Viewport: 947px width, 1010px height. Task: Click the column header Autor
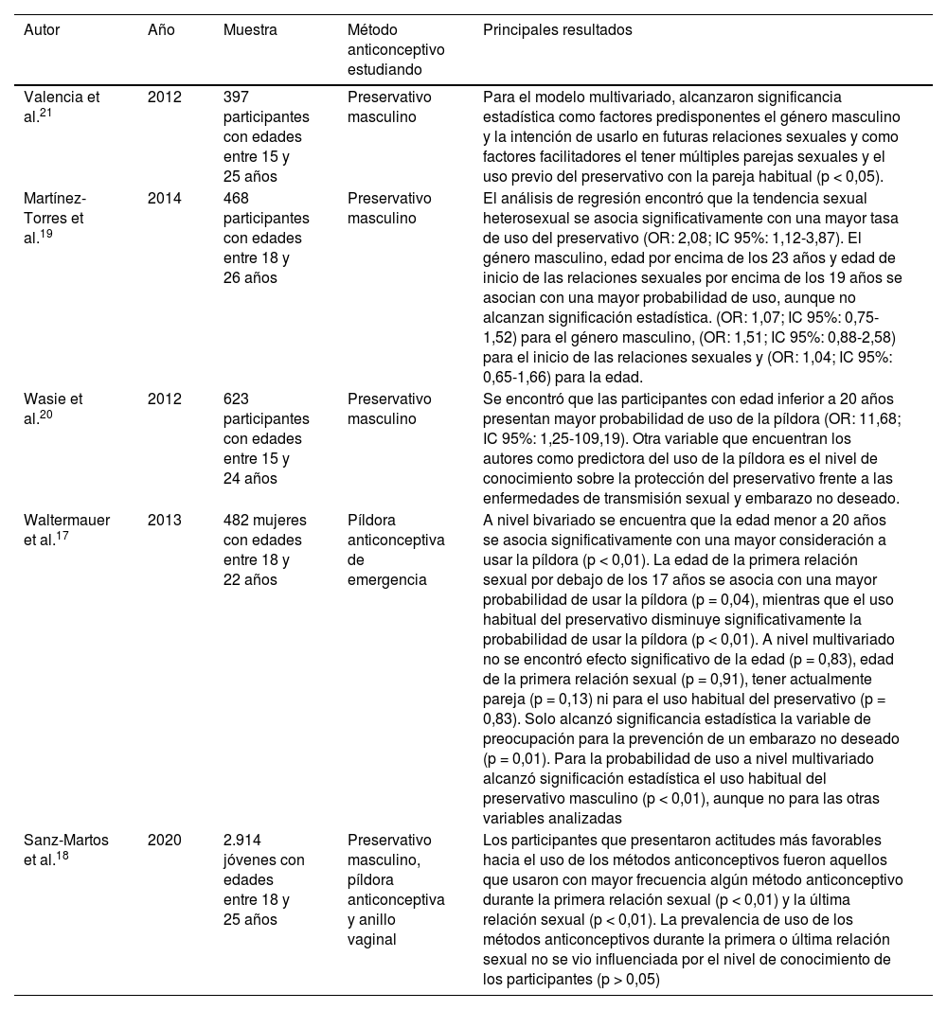pyautogui.click(x=43, y=30)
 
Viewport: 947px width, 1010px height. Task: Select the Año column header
pyautogui.click(x=161, y=30)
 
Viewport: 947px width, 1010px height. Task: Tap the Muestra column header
pyautogui.click(x=250, y=30)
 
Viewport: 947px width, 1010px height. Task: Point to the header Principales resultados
pyautogui.click(x=558, y=30)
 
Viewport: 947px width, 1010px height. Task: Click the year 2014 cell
pyautogui.click(x=165, y=198)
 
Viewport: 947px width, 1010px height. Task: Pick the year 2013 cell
pyautogui.click(x=165, y=520)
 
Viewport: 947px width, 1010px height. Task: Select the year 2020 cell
pyautogui.click(x=165, y=840)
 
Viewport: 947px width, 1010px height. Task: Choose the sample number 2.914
pyautogui.click(x=241, y=840)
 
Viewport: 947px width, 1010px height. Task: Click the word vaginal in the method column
pyautogui.click(x=369, y=940)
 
